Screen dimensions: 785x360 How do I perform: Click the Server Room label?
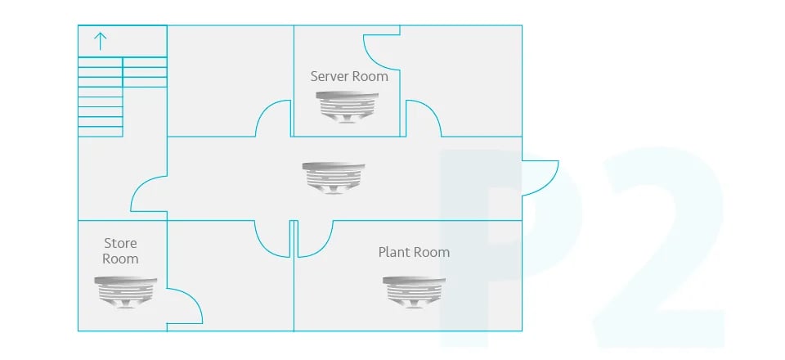349,77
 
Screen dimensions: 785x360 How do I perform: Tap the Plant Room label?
414,252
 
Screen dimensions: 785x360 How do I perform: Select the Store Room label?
120,251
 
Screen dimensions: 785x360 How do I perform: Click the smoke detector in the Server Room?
347,107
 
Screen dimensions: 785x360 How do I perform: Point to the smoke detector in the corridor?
334,178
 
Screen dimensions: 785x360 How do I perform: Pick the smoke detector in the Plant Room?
414,292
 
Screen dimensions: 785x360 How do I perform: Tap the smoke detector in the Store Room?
126,292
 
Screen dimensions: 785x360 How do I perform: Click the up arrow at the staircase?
101,41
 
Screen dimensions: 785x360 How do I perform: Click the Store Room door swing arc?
195,299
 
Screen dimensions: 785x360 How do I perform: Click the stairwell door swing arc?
137,187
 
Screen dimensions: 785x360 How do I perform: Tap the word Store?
120,243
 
